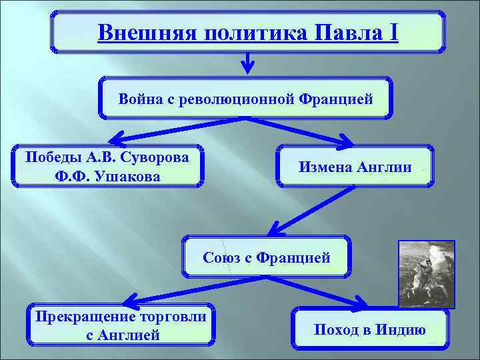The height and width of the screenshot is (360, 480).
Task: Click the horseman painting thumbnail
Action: [x=426, y=274]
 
